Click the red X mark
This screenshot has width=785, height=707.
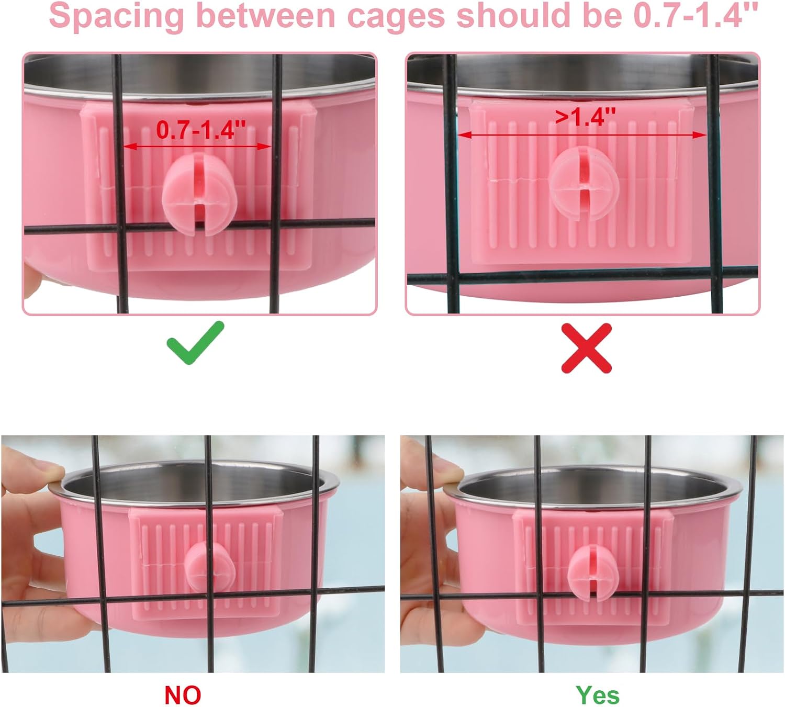pyautogui.click(x=586, y=348)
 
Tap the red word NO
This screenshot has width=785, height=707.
pyautogui.click(x=183, y=695)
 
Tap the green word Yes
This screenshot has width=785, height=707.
pyautogui.click(x=598, y=695)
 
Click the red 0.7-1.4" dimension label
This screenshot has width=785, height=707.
pyautogui.click(x=201, y=130)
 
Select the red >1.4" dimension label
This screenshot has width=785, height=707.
pyautogui.click(x=586, y=117)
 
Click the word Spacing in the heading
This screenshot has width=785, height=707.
pyautogui.click(x=117, y=16)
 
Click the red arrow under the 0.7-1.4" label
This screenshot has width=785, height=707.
pyautogui.click(x=197, y=147)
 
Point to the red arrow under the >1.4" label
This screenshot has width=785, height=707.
pyautogui.click(x=582, y=135)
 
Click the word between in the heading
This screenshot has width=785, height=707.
pyautogui.click(x=265, y=16)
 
